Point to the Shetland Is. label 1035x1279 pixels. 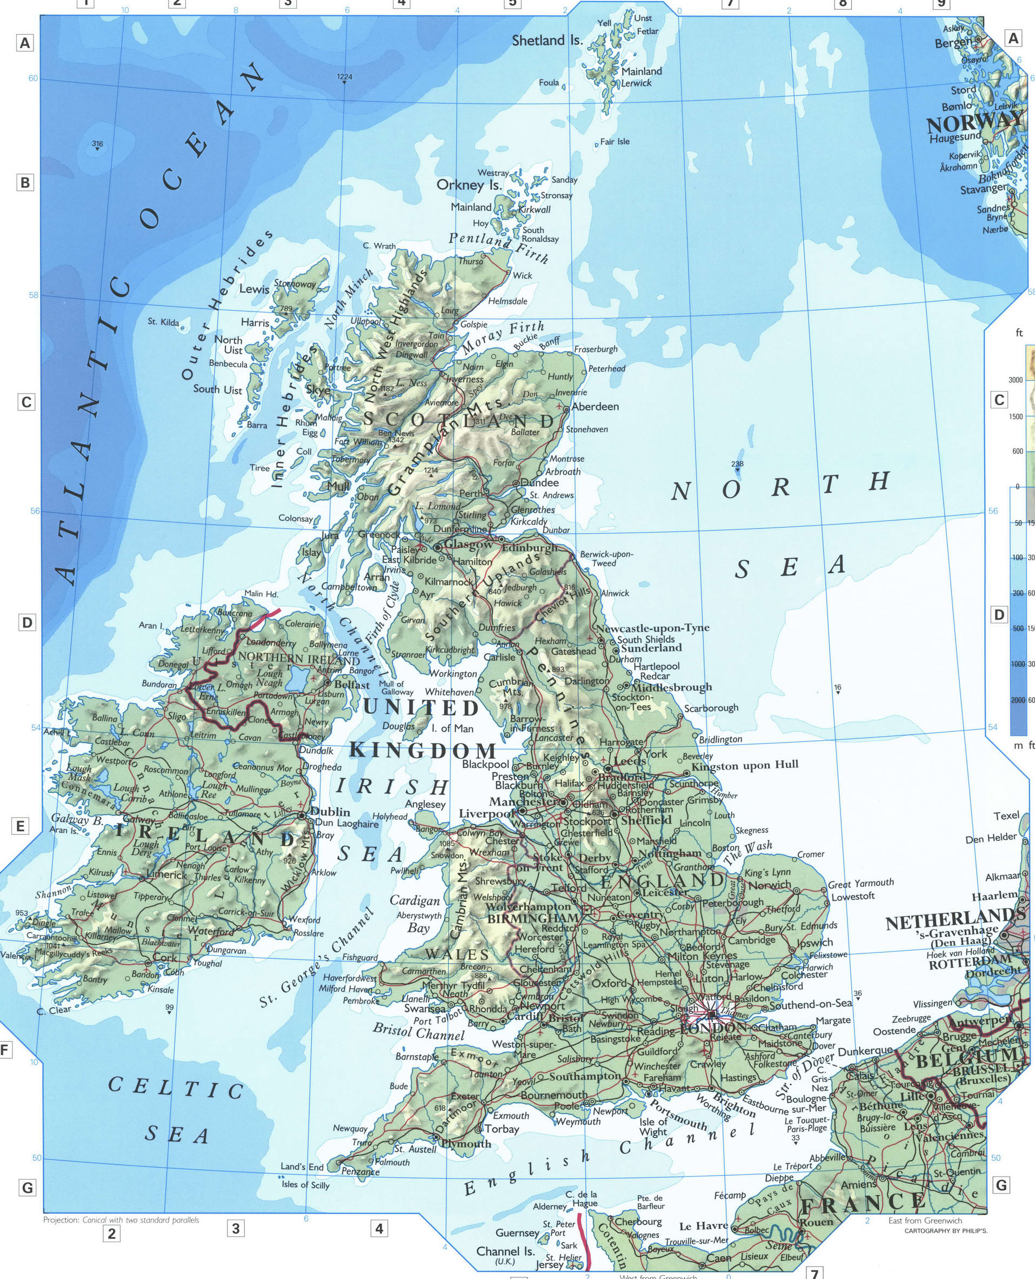click(547, 41)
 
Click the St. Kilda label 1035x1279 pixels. click(163, 322)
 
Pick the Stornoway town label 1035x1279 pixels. click(295, 284)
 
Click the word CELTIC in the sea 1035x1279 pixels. click(176, 1087)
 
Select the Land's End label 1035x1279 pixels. click(302, 1167)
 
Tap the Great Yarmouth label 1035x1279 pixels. click(860, 883)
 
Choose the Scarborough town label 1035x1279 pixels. click(711, 708)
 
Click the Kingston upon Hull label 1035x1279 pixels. click(745, 765)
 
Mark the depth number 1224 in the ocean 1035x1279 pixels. click(345, 77)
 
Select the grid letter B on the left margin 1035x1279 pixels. click(25, 183)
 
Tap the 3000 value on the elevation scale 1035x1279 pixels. click(1016, 380)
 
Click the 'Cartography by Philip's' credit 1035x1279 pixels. click(946, 1230)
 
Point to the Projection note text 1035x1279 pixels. click(121, 1220)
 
